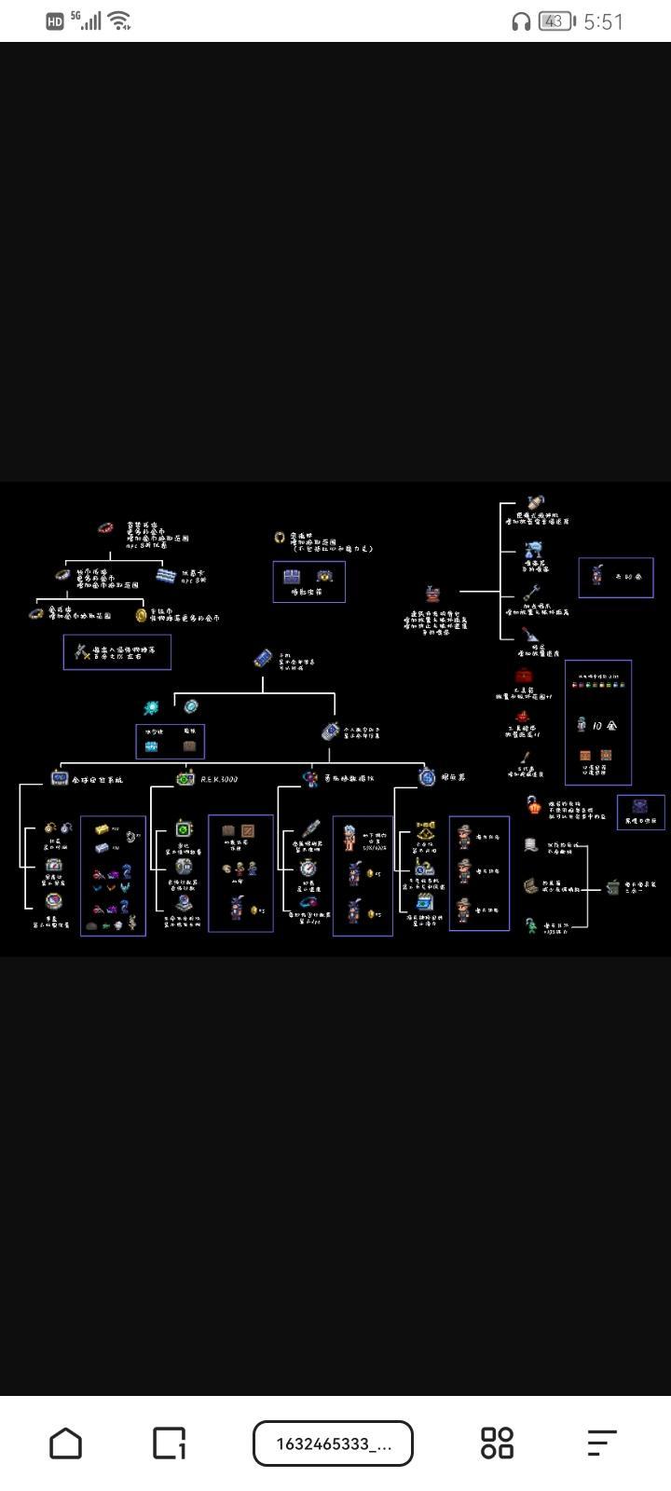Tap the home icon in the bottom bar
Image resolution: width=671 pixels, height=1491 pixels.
65,1443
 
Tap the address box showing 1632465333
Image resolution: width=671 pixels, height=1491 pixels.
333,1443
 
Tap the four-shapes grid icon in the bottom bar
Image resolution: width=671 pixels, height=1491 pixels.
497,1443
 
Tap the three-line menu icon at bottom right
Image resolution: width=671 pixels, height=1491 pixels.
602,1443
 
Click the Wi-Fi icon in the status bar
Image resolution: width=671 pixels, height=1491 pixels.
119,21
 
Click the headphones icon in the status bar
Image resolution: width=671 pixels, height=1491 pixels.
521,21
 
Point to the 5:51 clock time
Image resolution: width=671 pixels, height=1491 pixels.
603,21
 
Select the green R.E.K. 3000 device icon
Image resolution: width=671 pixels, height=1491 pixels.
185,778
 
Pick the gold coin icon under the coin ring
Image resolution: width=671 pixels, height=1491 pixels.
142,615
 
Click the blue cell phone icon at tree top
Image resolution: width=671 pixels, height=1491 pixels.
263,659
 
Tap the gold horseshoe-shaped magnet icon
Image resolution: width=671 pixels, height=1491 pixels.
279,538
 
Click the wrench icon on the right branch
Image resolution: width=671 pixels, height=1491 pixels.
531,592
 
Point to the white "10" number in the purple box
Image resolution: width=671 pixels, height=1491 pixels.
596,724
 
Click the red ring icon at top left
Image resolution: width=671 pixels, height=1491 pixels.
105,528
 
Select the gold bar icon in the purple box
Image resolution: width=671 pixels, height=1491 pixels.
102,828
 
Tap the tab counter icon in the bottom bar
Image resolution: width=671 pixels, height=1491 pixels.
169,1443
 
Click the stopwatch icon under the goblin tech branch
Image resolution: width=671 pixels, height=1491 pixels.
308,868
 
